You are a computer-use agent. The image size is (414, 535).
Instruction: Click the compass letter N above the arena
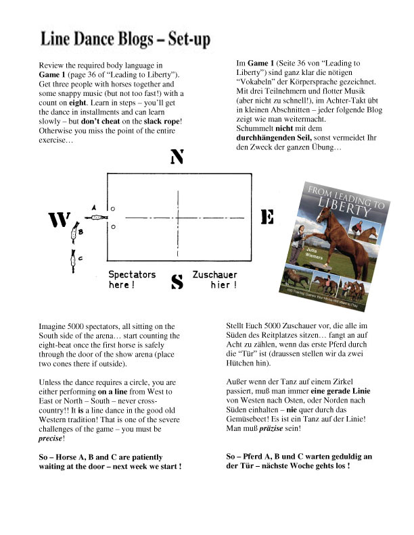point(177,157)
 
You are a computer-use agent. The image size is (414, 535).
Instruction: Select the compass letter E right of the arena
point(267,217)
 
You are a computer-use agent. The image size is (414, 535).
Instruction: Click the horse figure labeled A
point(95,218)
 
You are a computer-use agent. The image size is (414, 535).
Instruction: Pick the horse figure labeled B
point(73,234)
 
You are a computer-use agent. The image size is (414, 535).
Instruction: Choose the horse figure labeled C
point(73,257)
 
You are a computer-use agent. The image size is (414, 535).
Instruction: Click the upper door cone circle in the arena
point(114,209)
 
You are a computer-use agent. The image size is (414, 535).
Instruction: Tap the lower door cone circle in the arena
point(114,227)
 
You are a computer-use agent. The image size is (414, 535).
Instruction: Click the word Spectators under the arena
point(132,275)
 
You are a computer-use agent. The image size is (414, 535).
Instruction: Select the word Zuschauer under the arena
point(214,275)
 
